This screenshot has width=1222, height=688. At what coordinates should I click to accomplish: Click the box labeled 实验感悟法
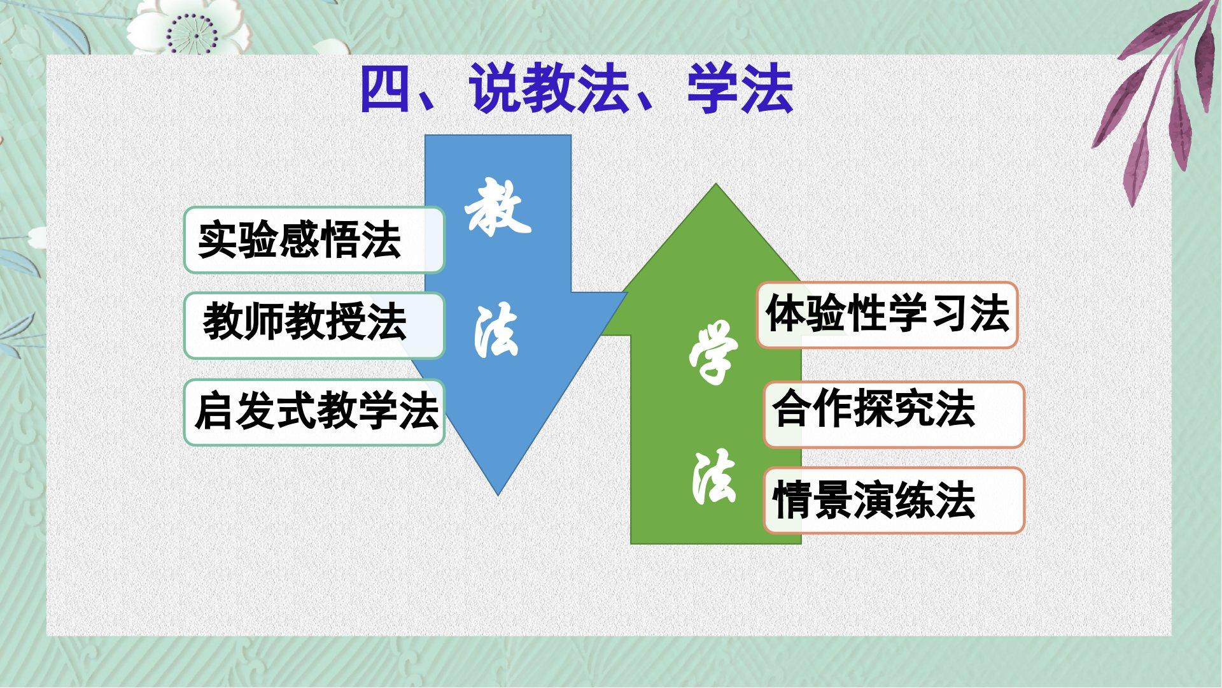314,240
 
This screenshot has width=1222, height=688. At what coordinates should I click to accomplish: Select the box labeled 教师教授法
314,326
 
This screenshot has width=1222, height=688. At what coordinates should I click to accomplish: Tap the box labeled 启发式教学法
314,412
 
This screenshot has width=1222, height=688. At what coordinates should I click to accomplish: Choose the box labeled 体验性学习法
887,315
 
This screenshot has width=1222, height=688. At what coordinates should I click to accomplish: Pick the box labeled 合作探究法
894,415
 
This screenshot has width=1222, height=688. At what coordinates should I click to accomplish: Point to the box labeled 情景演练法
894,500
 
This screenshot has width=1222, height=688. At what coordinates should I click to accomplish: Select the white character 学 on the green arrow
713,354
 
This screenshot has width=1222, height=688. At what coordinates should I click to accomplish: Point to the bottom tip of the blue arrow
498,495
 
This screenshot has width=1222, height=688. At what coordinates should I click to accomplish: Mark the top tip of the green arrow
716,185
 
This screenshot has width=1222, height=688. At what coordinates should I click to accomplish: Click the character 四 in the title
386,89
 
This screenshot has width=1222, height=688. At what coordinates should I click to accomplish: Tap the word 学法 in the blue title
740,89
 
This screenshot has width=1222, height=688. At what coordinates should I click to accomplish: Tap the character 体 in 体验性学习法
785,314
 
